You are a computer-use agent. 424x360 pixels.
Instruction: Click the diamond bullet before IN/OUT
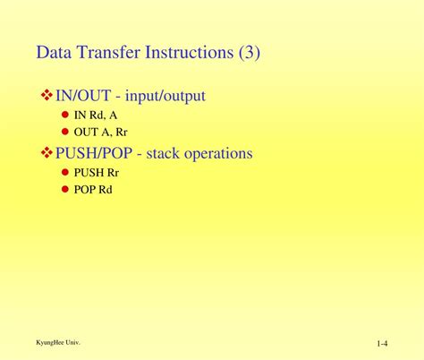click(47, 95)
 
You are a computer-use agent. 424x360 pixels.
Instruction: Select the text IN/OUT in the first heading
click(85, 95)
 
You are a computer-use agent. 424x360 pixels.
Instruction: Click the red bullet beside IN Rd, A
click(65, 115)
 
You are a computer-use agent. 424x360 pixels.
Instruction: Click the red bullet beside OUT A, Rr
click(65, 131)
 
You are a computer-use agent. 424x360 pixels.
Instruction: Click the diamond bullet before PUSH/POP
click(47, 154)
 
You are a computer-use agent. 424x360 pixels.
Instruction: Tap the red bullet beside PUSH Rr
click(65, 173)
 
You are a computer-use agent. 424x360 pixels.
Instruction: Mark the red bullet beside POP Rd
click(65, 189)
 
